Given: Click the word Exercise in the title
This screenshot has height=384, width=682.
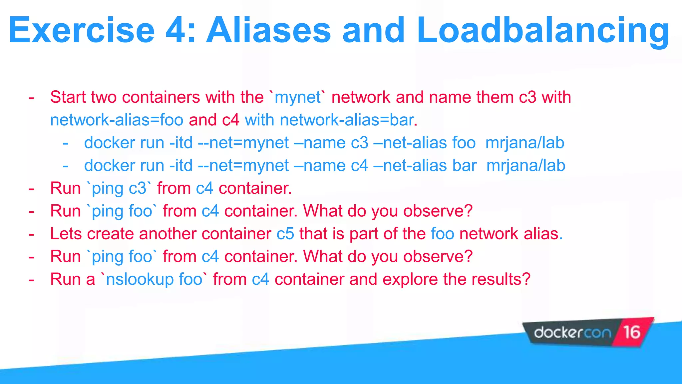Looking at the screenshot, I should point(82,31).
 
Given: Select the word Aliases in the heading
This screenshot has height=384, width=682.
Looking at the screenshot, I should point(268,31).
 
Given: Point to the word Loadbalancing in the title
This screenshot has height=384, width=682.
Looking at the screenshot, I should point(543,31).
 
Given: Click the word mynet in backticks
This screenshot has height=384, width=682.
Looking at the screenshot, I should point(298,97).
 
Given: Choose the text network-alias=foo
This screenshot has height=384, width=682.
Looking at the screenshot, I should point(117,120).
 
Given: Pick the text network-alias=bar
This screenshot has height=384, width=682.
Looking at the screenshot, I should point(346,120).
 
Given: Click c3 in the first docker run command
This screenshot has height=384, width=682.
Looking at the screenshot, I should point(360,143).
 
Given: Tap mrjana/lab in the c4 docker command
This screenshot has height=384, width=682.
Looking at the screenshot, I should point(526,166).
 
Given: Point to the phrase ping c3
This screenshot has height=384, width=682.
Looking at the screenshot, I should point(119,189).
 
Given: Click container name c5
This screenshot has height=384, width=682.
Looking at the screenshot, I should point(285,234).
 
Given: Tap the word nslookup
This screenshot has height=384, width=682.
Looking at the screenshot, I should point(140,279).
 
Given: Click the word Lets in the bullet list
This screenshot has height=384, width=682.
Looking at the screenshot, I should point(66,234).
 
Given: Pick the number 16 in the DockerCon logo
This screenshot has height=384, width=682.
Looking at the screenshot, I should point(632,332).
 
